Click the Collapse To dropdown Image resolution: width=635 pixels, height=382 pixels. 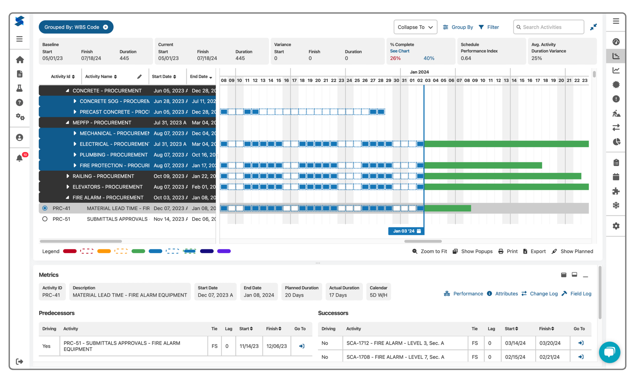click(415, 27)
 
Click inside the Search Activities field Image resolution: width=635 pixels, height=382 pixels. click(551, 27)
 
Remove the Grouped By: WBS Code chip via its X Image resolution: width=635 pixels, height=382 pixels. click(105, 27)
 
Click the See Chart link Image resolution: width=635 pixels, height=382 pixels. click(399, 51)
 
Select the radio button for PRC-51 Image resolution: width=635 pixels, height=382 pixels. click(45, 219)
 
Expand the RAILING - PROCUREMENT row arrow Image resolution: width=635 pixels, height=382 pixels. click(68, 176)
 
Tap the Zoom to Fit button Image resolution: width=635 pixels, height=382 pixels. click(430, 251)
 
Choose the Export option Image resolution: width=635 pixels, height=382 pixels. click(534, 251)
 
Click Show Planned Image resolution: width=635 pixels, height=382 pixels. click(572, 251)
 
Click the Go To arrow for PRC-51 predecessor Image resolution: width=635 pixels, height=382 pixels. click(301, 346)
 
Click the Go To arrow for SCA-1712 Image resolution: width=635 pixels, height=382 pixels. click(581, 343)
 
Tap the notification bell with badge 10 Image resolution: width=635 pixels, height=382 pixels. click(20, 158)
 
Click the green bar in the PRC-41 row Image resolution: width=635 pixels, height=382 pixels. click(447, 209)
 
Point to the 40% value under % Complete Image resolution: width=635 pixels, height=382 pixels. click(429, 58)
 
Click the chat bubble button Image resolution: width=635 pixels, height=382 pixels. click(609, 352)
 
